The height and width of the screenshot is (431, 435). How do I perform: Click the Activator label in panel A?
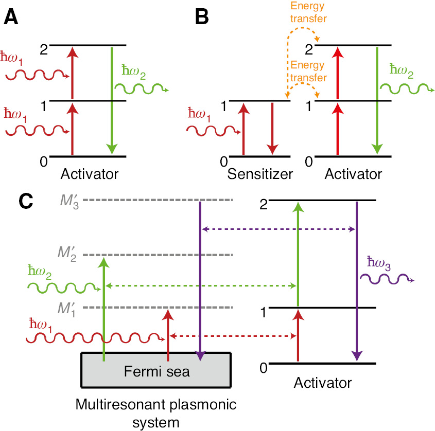pos(89,174)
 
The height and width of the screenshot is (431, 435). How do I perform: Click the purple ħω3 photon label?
pos(378,264)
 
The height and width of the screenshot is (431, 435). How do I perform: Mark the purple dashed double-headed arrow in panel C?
pos(278,228)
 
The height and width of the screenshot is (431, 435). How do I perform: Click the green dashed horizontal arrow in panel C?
pos(201,285)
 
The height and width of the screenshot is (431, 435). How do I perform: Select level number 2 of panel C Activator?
pos(264,204)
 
